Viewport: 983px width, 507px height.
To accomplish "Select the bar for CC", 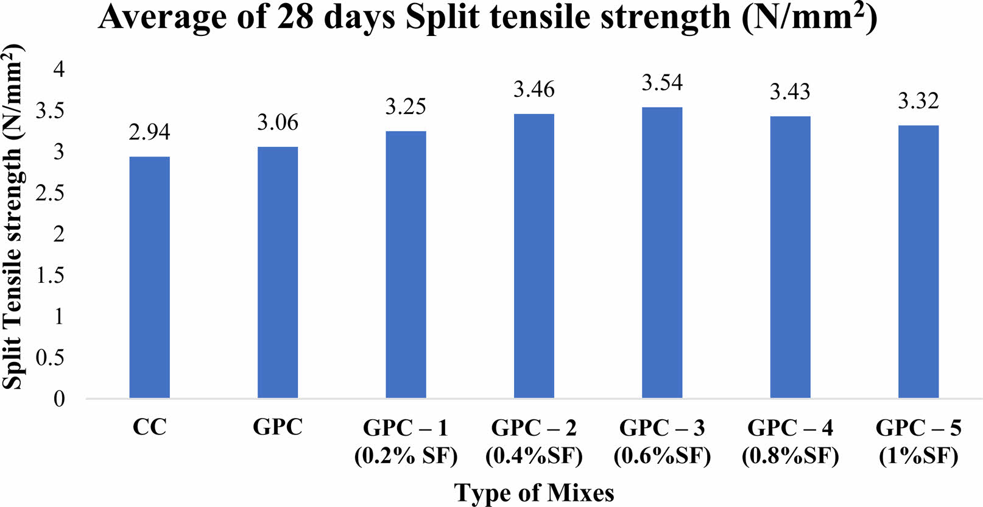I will click(150, 277).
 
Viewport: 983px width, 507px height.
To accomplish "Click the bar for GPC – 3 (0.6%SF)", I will click(662, 253).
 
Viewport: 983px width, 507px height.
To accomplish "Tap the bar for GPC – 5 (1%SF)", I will click(918, 262).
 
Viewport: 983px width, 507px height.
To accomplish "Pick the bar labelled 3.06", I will click(278, 272).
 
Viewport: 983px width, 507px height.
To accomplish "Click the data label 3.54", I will click(662, 83).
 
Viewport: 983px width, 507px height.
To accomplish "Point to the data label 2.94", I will click(150, 132).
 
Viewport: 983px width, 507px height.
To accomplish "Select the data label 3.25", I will click(406, 107).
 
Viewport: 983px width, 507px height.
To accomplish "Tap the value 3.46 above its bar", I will click(534, 90).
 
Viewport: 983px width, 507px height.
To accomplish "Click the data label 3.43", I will click(790, 92).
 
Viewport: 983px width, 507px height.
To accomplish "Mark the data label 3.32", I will click(918, 101).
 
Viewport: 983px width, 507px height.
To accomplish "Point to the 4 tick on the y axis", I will click(59, 69).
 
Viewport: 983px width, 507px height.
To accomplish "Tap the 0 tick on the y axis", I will click(59, 399).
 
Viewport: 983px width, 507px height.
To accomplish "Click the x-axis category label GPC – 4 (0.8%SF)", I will click(790, 441).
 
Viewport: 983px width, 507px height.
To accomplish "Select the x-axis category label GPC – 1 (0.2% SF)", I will click(406, 441).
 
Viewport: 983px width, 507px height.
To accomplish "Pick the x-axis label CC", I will click(150, 427).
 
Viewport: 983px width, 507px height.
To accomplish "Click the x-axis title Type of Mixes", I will click(534, 492).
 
